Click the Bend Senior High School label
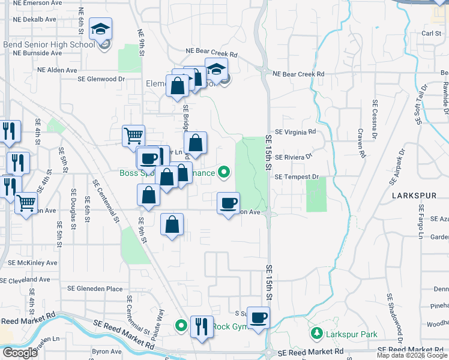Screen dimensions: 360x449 coord(49,44)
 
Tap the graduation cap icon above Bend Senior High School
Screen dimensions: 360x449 coord(100,28)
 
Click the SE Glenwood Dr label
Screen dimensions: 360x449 coord(101,78)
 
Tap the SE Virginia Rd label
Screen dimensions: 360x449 coord(295,131)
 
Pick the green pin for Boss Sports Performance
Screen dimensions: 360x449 coord(224,173)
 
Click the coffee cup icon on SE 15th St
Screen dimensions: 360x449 coord(259,318)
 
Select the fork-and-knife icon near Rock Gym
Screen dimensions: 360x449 coord(202,326)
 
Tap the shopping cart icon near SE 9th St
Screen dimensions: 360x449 coord(133,135)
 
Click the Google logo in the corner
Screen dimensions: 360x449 coord(20,353)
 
